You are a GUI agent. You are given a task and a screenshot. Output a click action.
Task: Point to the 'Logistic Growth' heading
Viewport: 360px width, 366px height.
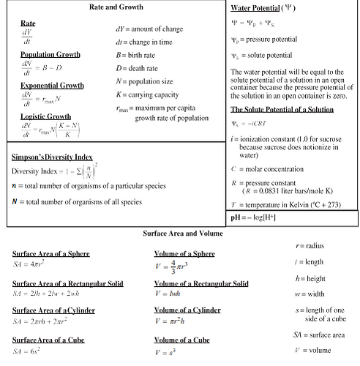click(x=45, y=116)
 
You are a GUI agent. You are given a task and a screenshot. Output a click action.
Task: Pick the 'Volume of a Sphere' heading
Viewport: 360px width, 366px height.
click(x=184, y=253)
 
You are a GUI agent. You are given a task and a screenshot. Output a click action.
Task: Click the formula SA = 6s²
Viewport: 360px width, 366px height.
click(x=29, y=352)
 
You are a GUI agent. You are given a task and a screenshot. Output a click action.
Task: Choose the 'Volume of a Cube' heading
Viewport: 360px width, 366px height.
click(x=182, y=340)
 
